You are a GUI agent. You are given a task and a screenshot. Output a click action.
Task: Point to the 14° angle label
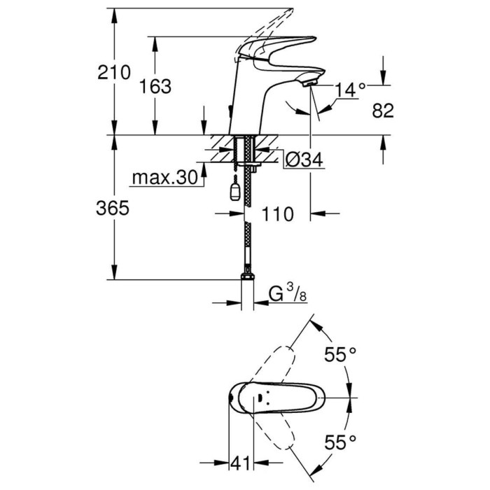[x=351, y=90]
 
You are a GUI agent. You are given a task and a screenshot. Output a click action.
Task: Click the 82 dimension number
[x=383, y=110]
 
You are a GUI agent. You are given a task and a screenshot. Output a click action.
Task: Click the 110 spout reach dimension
[x=278, y=214]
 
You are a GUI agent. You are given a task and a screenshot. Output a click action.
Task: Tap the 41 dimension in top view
[x=242, y=463]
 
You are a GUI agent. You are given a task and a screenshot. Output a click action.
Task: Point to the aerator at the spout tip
[x=311, y=83]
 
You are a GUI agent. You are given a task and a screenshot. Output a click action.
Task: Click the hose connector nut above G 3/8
[x=246, y=278]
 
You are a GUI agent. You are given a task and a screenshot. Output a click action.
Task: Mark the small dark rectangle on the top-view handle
[x=261, y=399]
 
